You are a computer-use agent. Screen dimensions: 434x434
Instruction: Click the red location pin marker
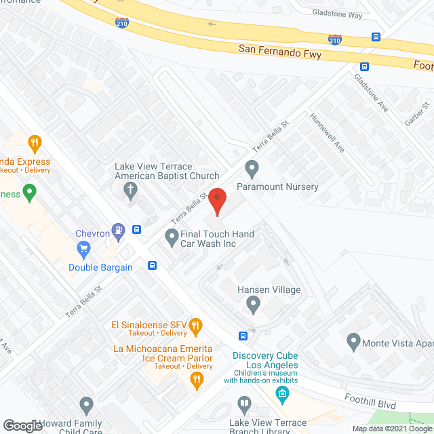(216, 201)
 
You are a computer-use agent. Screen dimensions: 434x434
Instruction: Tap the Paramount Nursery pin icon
(252, 167)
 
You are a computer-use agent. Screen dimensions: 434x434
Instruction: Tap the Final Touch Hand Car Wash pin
(172, 237)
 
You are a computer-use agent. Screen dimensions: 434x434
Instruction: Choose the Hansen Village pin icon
(254, 304)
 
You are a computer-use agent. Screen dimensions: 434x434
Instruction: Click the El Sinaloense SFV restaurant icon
(195, 325)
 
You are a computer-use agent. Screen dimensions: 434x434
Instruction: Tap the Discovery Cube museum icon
(283, 393)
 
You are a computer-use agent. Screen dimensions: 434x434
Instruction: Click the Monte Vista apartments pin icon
(353, 342)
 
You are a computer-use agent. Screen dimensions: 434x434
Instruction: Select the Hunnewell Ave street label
(328, 132)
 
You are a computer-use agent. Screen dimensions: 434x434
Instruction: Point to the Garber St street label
(418, 114)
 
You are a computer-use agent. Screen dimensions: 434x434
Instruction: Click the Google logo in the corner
(22, 425)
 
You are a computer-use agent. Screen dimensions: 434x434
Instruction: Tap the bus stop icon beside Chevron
(137, 230)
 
